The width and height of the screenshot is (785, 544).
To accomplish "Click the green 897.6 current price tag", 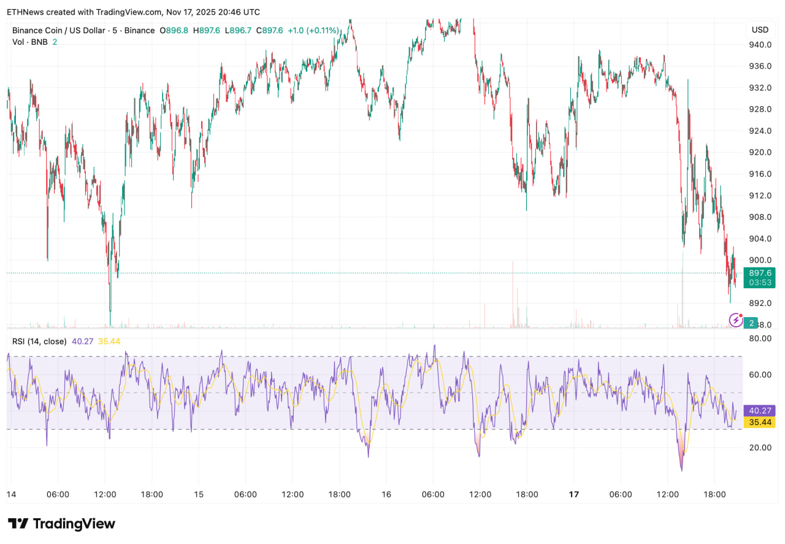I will (759, 272).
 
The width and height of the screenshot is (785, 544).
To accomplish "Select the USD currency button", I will (760, 29).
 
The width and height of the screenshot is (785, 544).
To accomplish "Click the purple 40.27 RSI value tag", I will (759, 411).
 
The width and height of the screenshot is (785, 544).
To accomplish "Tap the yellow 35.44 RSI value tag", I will (759, 422).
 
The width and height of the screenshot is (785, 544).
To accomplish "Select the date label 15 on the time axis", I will (199, 494).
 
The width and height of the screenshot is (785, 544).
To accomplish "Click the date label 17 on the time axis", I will (574, 494).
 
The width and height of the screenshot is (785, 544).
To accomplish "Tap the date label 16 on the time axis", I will (386, 494).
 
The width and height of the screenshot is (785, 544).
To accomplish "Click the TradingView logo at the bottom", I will (61, 524).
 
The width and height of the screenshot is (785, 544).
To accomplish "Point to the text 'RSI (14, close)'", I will (39, 341).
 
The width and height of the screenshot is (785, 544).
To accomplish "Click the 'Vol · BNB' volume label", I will (29, 42).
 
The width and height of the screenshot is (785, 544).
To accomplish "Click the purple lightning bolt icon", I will (735, 320).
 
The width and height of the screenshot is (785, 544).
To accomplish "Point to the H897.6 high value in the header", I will (207, 30).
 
